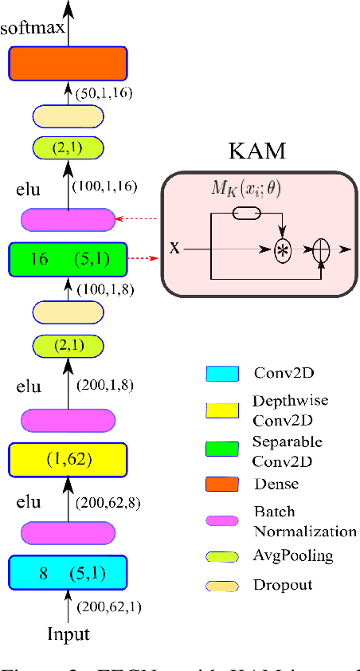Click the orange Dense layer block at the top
pyautogui.click(x=68, y=63)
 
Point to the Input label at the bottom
pyautogui.click(x=68, y=634)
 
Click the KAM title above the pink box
pyautogui.click(x=257, y=151)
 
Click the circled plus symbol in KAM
pyautogui.click(x=320, y=249)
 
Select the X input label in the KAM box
pyautogui.click(x=174, y=249)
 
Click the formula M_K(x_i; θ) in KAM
pyautogui.click(x=238, y=190)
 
